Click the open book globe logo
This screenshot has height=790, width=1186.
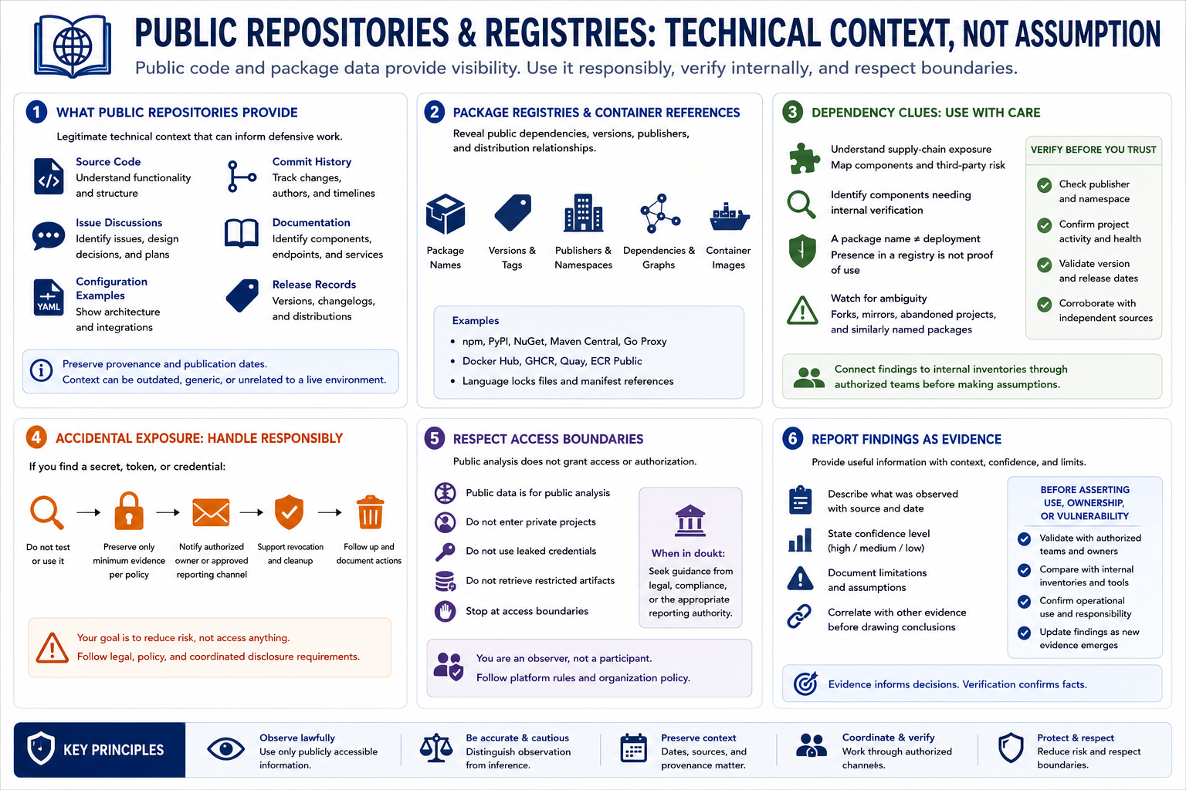pyautogui.click(x=73, y=46)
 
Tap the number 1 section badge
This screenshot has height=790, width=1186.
pyautogui.click(x=36, y=112)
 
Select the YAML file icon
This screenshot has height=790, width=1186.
pyautogui.click(x=49, y=297)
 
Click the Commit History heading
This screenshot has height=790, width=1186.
pyautogui.click(x=311, y=162)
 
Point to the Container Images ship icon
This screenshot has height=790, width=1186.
pyautogui.click(x=729, y=217)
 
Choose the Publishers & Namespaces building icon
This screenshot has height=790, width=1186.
pyautogui.click(x=583, y=213)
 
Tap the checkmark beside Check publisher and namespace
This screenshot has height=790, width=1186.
pyautogui.click(x=1044, y=185)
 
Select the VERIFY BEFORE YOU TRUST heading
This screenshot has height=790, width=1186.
pyautogui.click(x=1093, y=150)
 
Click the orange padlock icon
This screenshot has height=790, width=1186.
pyautogui.click(x=129, y=511)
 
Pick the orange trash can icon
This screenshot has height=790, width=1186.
pyautogui.click(x=370, y=511)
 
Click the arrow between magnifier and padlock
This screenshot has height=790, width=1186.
pyautogui.click(x=89, y=512)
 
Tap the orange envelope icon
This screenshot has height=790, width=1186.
pyautogui.click(x=211, y=512)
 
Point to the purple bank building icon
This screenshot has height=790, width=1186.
pyautogui.click(x=690, y=521)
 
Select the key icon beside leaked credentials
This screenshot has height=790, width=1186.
pyautogui.click(x=445, y=552)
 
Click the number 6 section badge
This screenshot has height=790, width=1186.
pyautogui.click(x=793, y=439)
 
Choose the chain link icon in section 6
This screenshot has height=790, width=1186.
pyautogui.click(x=799, y=616)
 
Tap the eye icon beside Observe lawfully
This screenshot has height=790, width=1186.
pyautogui.click(x=225, y=749)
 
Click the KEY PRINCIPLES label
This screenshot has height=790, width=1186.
pyautogui.click(x=114, y=751)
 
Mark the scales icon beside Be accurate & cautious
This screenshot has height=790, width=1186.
pyautogui.click(x=435, y=748)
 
